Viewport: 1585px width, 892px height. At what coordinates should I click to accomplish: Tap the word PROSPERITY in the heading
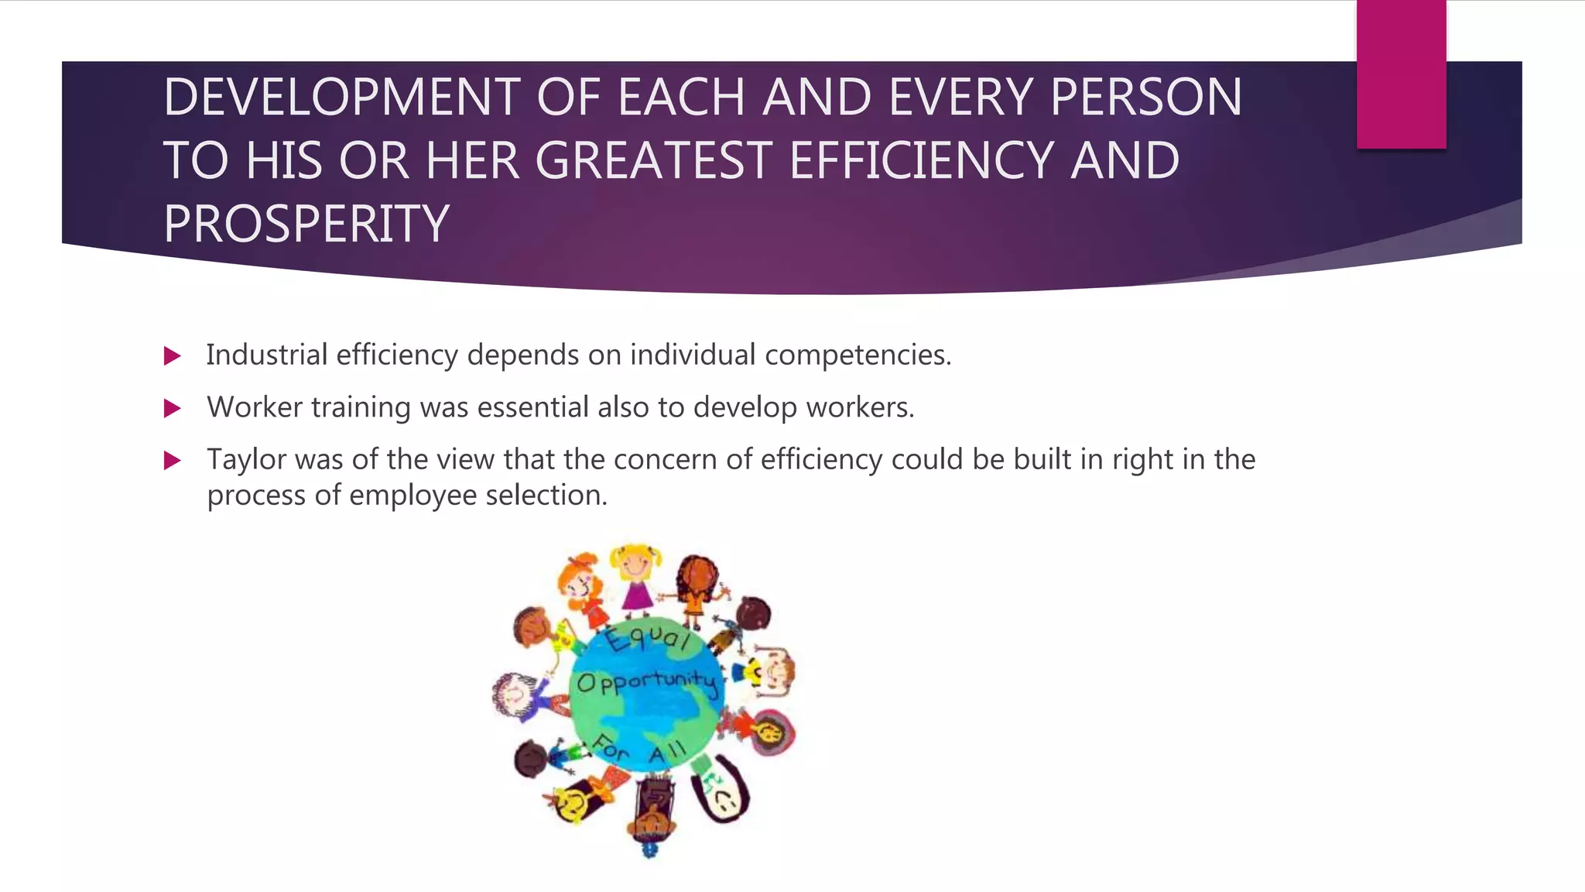306,224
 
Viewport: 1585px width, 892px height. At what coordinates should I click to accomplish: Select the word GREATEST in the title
653,161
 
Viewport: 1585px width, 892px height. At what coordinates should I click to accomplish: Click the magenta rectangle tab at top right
1401,74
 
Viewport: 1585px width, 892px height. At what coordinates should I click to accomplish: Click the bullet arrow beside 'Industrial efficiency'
173,356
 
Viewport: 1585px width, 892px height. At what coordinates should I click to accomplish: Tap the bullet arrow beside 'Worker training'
173,408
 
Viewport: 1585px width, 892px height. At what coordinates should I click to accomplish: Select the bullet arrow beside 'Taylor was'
173,461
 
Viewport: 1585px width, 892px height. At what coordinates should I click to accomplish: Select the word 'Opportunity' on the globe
647,682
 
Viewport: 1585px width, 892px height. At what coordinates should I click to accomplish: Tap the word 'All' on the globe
667,752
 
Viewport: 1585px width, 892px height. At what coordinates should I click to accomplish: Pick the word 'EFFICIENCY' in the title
922,161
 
